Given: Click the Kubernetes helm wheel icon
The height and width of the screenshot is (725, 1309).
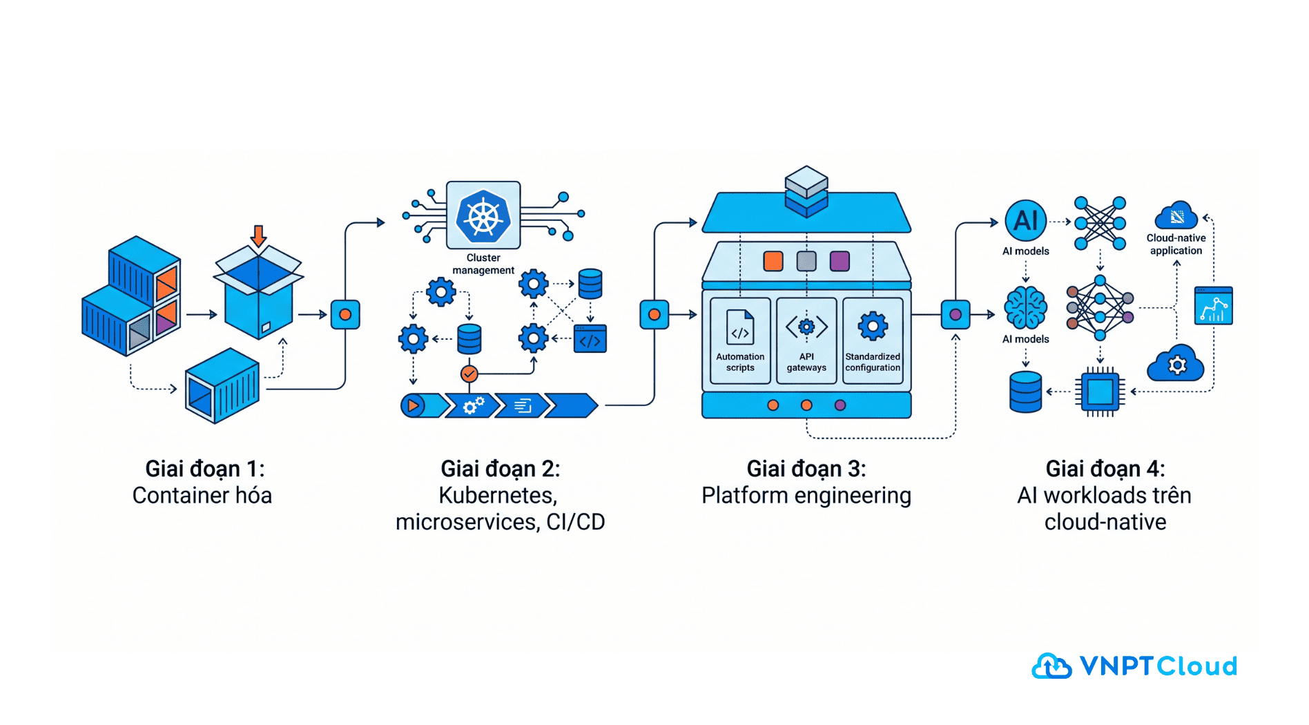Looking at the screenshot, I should (x=483, y=217).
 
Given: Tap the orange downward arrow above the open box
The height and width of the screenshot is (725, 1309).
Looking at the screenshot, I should (x=258, y=235).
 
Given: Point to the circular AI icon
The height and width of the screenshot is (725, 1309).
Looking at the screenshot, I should (x=1025, y=221).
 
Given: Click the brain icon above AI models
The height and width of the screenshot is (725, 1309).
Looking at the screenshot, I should (x=1025, y=308).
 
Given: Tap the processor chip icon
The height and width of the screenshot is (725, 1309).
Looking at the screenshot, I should (x=1100, y=392).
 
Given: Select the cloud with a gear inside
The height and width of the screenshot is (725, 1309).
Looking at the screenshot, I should (x=1176, y=364).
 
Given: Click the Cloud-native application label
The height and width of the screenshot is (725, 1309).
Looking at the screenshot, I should (x=1176, y=244).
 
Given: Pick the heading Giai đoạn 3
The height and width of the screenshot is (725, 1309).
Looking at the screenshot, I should (x=806, y=469).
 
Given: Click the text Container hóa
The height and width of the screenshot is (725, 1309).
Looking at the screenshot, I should (x=202, y=496).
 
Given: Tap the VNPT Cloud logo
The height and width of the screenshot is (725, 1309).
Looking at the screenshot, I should (x=1134, y=666).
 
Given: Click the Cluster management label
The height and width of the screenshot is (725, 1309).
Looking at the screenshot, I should (x=483, y=264).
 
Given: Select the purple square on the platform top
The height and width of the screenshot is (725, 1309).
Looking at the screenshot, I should (x=840, y=261).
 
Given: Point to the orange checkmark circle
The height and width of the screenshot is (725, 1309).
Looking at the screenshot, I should (x=469, y=374).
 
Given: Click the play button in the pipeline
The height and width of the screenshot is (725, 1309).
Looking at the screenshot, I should (x=413, y=405).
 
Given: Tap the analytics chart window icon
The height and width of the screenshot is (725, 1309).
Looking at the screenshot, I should (x=1213, y=306).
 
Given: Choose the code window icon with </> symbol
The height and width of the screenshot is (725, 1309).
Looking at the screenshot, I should (x=590, y=339).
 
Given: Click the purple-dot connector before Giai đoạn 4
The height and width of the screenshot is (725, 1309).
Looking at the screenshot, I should (x=956, y=315).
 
